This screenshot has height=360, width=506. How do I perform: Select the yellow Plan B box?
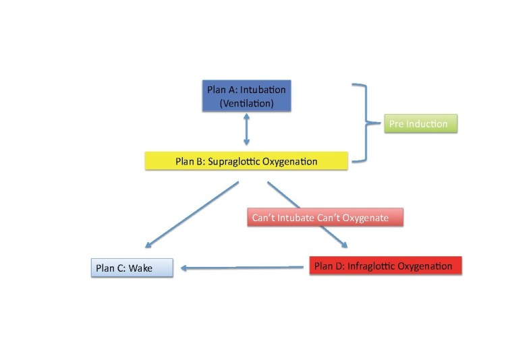246,161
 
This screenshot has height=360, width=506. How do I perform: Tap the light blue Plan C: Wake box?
132,268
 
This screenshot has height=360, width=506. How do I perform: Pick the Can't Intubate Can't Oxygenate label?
325,218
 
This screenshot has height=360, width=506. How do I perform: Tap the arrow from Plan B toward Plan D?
307,214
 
